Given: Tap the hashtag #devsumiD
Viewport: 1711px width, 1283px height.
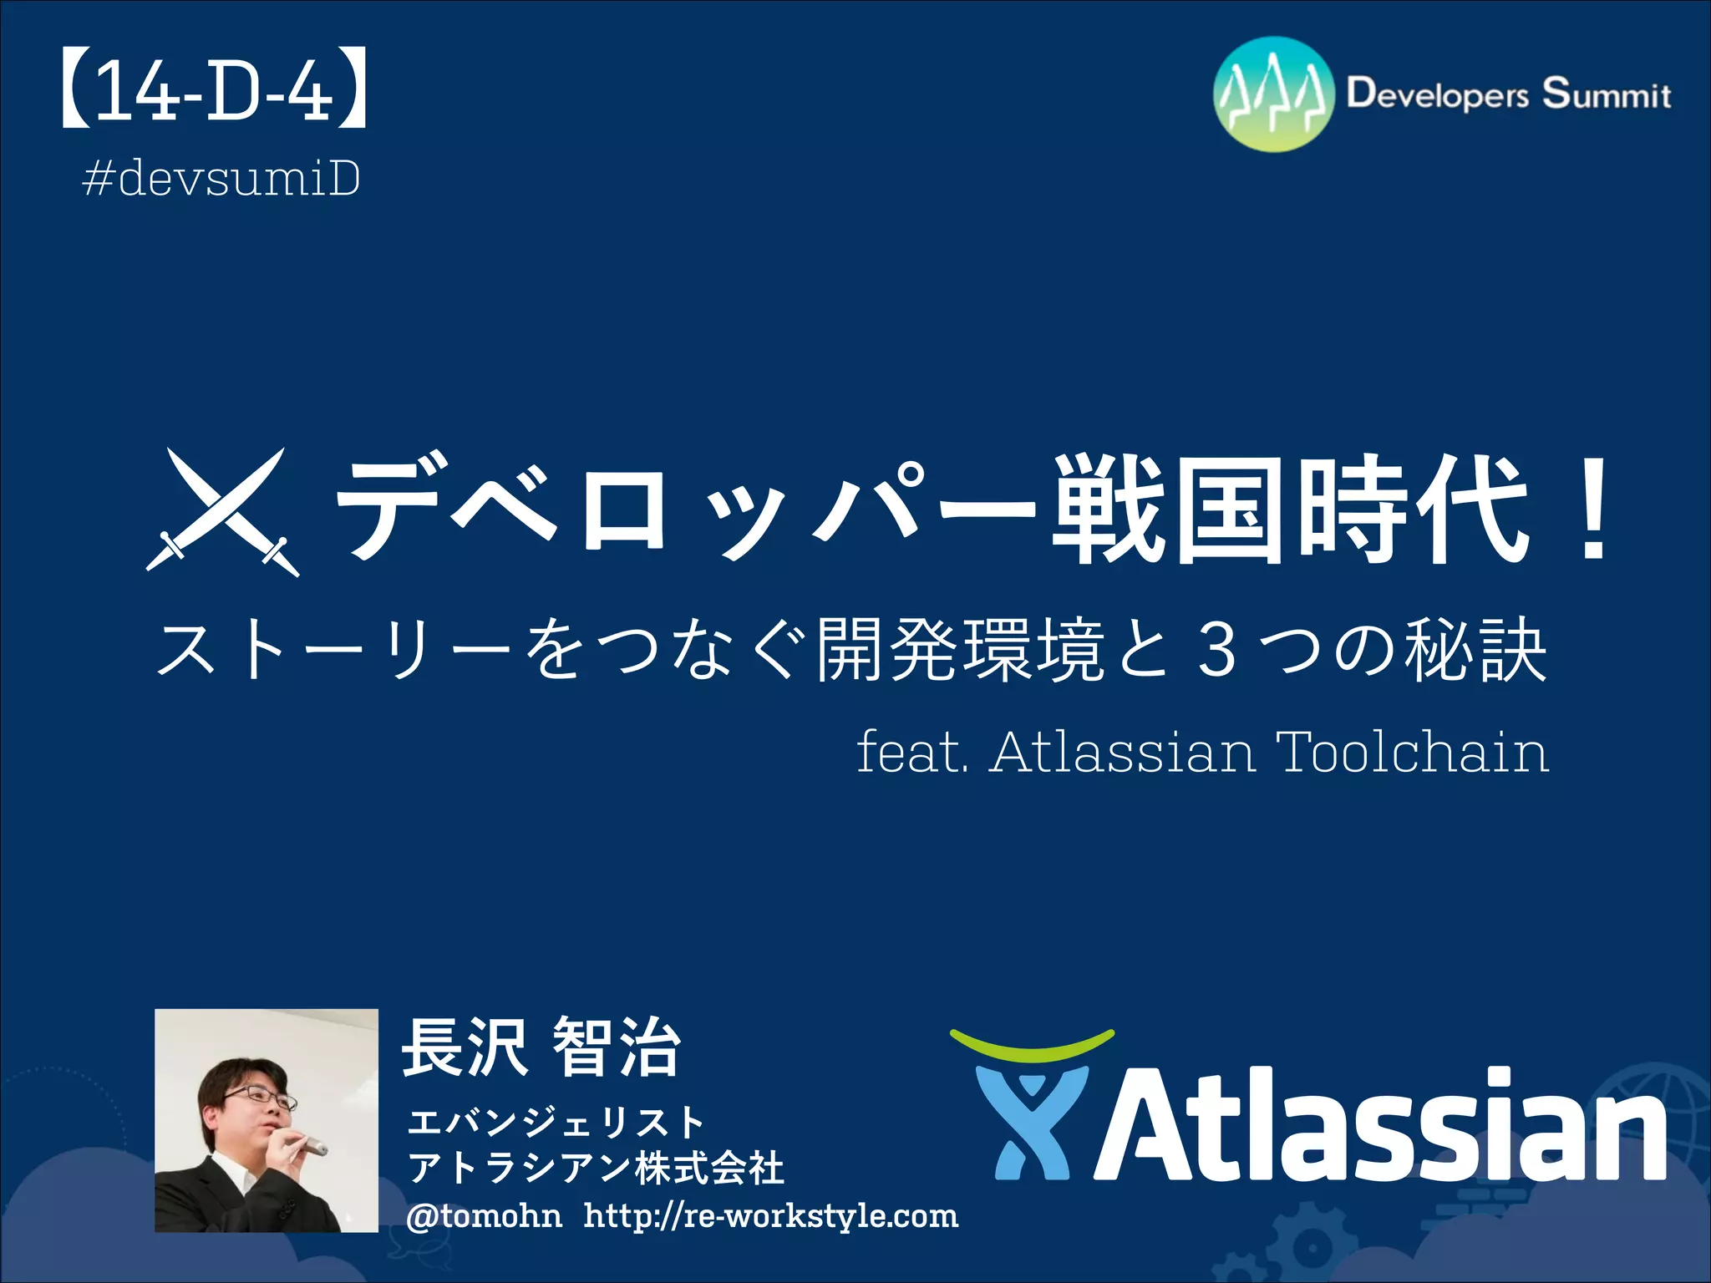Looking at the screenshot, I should pyautogui.click(x=221, y=179).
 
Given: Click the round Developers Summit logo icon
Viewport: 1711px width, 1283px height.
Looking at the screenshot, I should pyautogui.click(x=1273, y=94).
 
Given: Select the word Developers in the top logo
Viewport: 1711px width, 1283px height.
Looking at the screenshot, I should pyautogui.click(x=1437, y=94).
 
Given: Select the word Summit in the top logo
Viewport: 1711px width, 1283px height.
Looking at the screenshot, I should pyautogui.click(x=1606, y=94).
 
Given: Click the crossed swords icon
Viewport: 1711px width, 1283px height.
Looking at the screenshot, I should pyautogui.click(x=222, y=511).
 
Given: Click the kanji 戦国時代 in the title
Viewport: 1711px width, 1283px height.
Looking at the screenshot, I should pyautogui.click(x=1291, y=510).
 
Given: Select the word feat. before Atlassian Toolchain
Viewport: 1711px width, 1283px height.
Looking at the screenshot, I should pyautogui.click(x=911, y=752).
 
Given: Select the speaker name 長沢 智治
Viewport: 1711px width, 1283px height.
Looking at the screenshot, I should pyautogui.click(x=541, y=1049).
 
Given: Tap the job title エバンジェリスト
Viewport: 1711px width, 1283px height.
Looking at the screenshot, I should pyautogui.click(x=556, y=1122).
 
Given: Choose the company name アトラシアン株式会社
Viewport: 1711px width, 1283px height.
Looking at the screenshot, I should pyautogui.click(x=595, y=1168).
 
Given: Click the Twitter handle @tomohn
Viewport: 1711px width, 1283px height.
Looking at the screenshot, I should pyautogui.click(x=484, y=1216).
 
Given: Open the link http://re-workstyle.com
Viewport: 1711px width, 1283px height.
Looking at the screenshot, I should pyautogui.click(x=770, y=1216).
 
